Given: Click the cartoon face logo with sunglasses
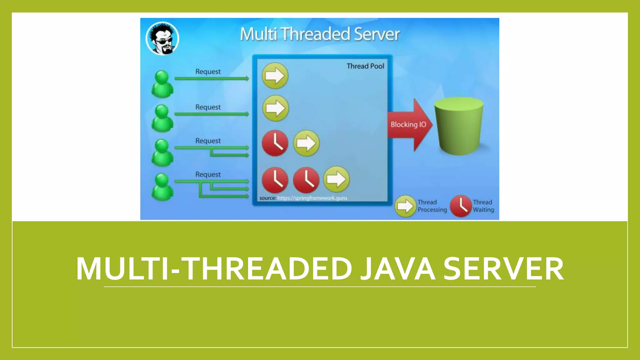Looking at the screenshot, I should pyautogui.click(x=162, y=38).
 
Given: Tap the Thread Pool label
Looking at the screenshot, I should pyautogui.click(x=365, y=66).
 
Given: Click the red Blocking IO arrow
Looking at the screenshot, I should pyautogui.click(x=409, y=125).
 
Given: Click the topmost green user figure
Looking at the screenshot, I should pyautogui.click(x=162, y=84).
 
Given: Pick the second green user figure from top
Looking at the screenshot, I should pyautogui.click(x=162, y=118).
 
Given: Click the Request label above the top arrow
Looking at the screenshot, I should pyautogui.click(x=208, y=72).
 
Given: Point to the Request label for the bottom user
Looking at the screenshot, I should pyautogui.click(x=208, y=174).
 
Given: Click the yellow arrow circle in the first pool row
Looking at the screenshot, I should pyautogui.click(x=275, y=76).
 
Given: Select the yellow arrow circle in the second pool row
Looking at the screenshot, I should pyautogui.click(x=275, y=108).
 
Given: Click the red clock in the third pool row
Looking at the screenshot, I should pyautogui.click(x=275, y=143).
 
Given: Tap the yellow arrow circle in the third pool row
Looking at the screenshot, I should pyautogui.click(x=306, y=143).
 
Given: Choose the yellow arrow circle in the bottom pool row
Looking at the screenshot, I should pyautogui.click(x=336, y=179).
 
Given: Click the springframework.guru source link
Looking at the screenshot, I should pyautogui.click(x=312, y=198).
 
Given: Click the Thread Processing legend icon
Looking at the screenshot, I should pyautogui.click(x=405, y=206).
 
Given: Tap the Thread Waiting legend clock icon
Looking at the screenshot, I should pyautogui.click(x=461, y=206).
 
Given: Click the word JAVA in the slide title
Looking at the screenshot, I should pyautogui.click(x=397, y=269).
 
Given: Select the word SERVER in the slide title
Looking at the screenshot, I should pyautogui.click(x=503, y=269).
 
